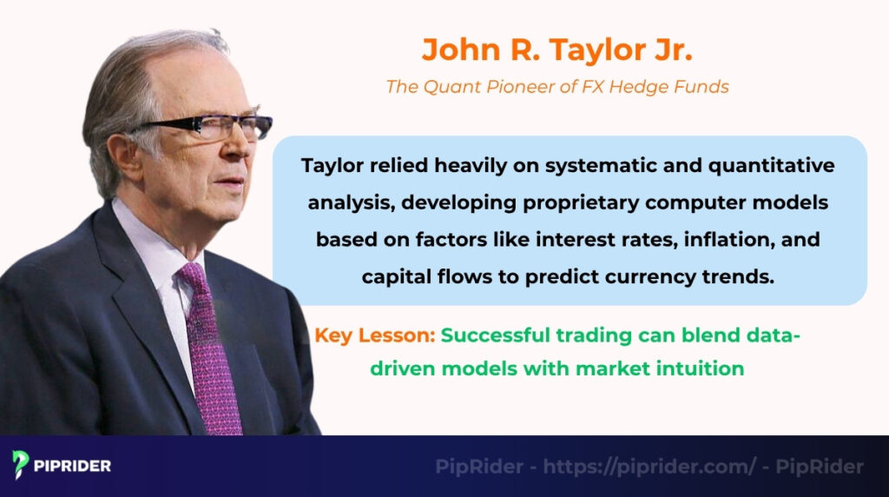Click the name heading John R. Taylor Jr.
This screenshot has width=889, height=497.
tap(556, 50)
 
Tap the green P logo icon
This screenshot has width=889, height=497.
tap(21, 464)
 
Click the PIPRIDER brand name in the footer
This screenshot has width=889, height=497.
tap(73, 466)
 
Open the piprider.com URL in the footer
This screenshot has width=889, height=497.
tap(649, 467)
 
